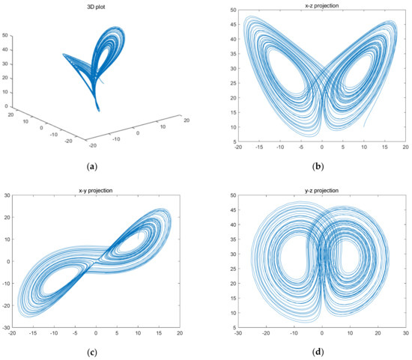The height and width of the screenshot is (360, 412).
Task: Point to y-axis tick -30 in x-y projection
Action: (x=5, y=327)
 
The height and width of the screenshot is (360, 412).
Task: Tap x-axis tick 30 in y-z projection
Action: (x=405, y=333)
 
